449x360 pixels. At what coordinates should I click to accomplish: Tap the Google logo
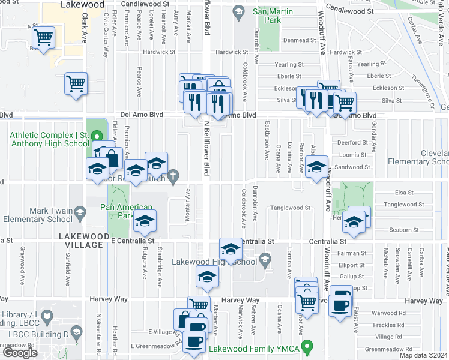coord(20,352)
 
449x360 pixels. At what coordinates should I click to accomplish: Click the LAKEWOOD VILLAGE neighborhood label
coord(84,237)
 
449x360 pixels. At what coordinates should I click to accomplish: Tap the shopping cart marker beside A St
coord(44,37)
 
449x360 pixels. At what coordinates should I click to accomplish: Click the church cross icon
coord(173,176)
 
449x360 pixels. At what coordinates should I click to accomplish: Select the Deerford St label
coord(352,142)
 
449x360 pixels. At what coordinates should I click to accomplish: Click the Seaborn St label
coord(387,230)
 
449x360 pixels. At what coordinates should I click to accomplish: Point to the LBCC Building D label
coord(32,332)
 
